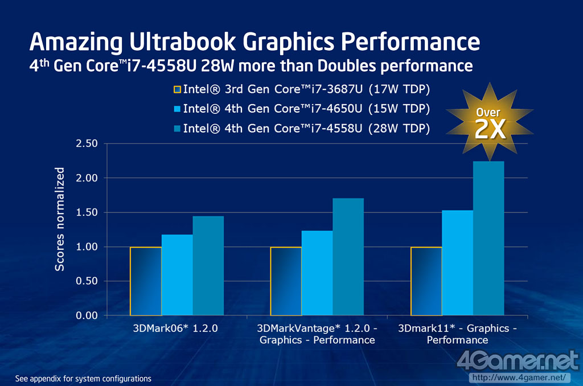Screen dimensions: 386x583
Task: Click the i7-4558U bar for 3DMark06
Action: click(208, 266)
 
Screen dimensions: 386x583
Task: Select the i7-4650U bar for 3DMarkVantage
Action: click(317, 273)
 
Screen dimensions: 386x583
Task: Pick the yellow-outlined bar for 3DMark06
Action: click(146, 281)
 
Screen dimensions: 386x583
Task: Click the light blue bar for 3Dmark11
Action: click(457, 262)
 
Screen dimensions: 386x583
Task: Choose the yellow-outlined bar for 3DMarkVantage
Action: click(286, 281)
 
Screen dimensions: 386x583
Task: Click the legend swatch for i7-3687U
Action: click(176, 89)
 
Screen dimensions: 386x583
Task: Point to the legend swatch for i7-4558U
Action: click(176, 128)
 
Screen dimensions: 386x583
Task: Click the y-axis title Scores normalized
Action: click(60, 219)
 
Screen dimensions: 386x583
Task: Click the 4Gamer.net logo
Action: click(517, 361)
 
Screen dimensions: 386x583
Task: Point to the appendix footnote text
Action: click(83, 378)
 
